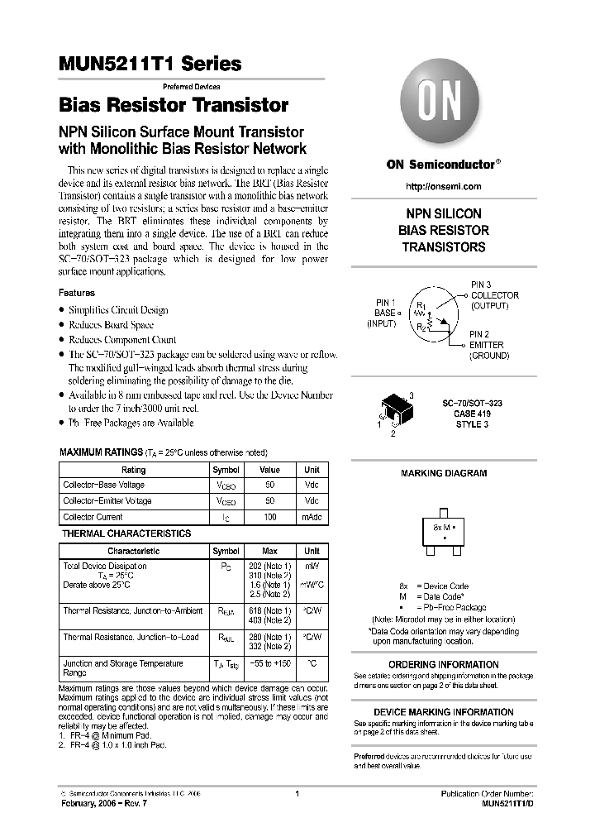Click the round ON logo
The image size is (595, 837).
coord(444,106)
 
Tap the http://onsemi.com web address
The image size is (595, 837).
coord(444,187)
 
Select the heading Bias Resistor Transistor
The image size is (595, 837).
coord(174,106)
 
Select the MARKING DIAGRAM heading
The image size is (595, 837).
coord(444,473)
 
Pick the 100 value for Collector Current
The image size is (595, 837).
coord(270,517)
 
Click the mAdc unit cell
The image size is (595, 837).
coord(312,517)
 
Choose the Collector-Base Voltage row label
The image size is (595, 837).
coord(104,485)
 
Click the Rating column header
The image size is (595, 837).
coord(133,469)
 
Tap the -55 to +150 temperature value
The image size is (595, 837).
coord(270,663)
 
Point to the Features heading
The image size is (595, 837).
coord(76,293)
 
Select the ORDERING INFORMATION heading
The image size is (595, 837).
coord(444,664)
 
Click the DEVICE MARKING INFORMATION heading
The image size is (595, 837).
coord(444,712)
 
